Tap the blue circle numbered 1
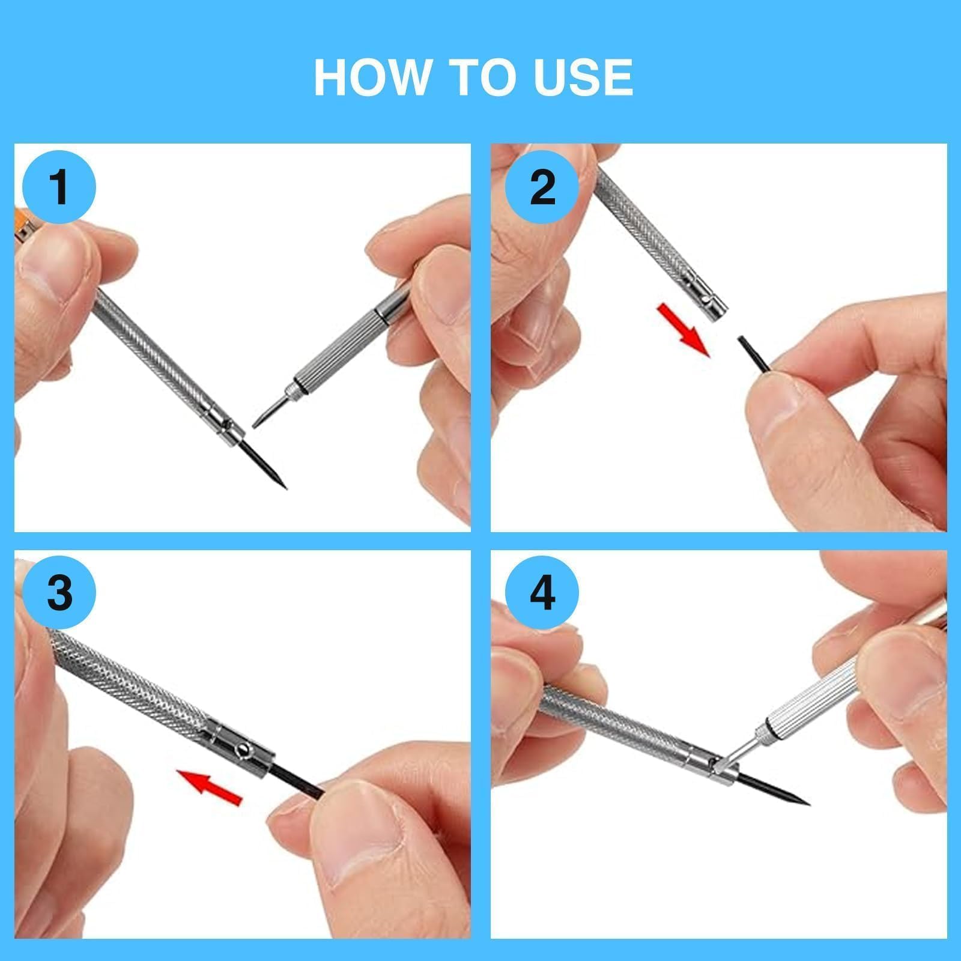tap(59, 187)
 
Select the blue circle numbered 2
tap(542, 187)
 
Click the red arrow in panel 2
tap(684, 330)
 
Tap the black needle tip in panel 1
tap(286, 488)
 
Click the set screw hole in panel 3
tap(241, 750)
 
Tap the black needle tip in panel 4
tap(808, 804)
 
